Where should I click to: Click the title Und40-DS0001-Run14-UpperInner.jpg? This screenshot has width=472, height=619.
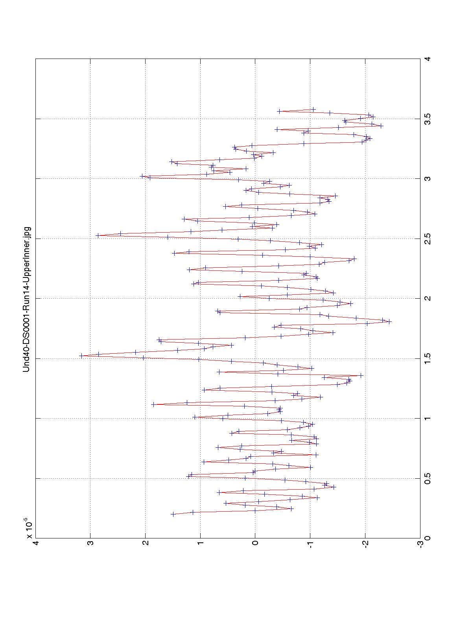click(x=27, y=299)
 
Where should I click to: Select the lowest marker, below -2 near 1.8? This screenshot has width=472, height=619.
click(x=389, y=321)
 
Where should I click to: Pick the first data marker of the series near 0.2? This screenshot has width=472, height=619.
click(x=173, y=514)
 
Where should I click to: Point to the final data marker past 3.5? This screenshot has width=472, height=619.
click(x=279, y=111)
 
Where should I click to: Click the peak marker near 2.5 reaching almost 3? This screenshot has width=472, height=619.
click(x=98, y=235)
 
